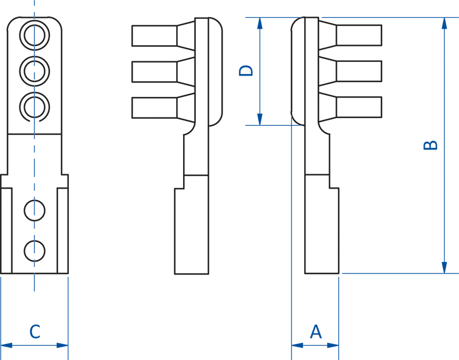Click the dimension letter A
pyautogui.click(x=316, y=332)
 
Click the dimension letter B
pyautogui.click(x=430, y=146)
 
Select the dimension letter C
pyautogui.click(x=35, y=332)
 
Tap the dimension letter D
pyautogui.click(x=246, y=71)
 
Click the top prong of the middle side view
pyautogui.click(x=164, y=36)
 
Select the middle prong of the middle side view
pyautogui.click(x=164, y=72)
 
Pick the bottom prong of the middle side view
pyautogui.click(x=164, y=108)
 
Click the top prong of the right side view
pyautogui.click(x=350, y=35)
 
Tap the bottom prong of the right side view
pyautogui.click(x=350, y=107)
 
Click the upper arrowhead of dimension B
pyautogui.click(x=444, y=23)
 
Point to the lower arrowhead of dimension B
pyautogui.click(x=444, y=268)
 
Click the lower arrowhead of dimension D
pyautogui.click(x=260, y=119)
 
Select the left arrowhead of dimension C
pyautogui.click(x=6, y=345)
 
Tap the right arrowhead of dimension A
pyautogui.click(x=333, y=345)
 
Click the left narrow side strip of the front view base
pyautogui.click(x=6, y=231)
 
